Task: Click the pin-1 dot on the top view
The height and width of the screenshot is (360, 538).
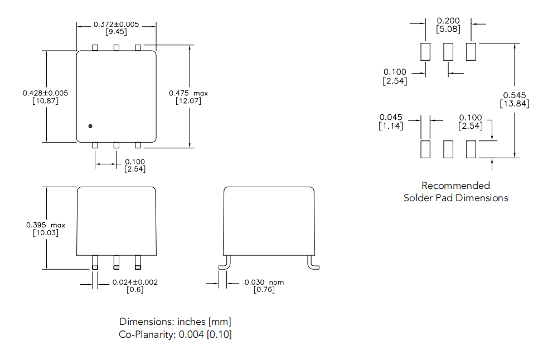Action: pyautogui.click(x=90, y=126)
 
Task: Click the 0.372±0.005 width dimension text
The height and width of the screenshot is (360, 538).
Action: pyautogui.click(x=116, y=25)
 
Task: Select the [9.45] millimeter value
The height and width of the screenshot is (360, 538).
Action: pyautogui.click(x=116, y=32)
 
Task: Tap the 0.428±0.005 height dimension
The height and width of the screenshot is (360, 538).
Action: pyautogui.click(x=41, y=93)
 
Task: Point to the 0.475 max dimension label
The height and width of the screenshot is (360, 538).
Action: pyautogui.click(x=188, y=93)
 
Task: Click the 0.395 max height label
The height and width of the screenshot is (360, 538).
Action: pyautogui.click(x=46, y=225)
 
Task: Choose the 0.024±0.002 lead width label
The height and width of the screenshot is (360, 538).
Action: pyautogui.click(x=135, y=282)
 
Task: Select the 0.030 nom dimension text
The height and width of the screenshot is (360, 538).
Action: pyautogui.click(x=264, y=282)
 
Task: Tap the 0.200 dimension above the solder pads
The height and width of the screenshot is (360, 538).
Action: pyautogui.click(x=448, y=21)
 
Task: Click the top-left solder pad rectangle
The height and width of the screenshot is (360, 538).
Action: pyautogui.click(x=425, y=52)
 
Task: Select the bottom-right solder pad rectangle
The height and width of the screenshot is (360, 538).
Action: pyautogui.click(x=471, y=149)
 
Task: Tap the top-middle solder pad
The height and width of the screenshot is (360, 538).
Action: pyautogui.click(x=448, y=52)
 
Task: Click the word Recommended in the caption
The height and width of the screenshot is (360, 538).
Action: pyautogui.click(x=455, y=186)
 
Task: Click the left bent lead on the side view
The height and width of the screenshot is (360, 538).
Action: pyautogui.click(x=224, y=262)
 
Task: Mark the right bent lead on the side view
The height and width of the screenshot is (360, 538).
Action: pyautogui.click(x=312, y=262)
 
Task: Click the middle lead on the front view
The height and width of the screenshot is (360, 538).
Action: pyautogui.click(x=117, y=261)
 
